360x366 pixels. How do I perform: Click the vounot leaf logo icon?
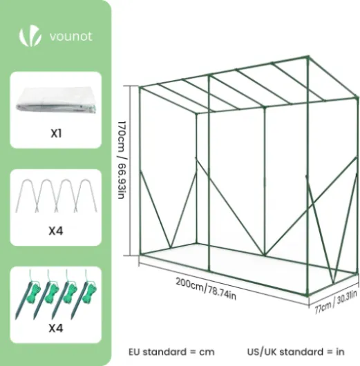(x=30, y=37)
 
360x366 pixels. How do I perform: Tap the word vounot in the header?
(x=71, y=37)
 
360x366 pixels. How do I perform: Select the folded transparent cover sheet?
(x=56, y=101)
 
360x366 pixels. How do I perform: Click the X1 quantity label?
(x=56, y=133)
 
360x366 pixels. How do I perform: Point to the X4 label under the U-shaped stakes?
(x=56, y=231)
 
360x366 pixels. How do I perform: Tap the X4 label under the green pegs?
(x=56, y=328)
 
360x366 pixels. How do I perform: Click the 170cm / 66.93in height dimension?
(x=122, y=160)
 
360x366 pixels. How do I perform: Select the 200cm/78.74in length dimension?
(x=206, y=289)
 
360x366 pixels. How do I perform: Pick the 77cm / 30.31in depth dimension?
(x=336, y=302)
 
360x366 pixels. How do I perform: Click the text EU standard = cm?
(x=171, y=351)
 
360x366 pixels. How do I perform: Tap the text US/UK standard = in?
(x=296, y=351)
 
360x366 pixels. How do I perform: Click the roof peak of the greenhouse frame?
(x=308, y=56)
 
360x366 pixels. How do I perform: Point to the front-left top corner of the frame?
(x=140, y=88)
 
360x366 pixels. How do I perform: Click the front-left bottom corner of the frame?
(x=140, y=254)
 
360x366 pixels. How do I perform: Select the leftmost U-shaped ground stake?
(x=26, y=195)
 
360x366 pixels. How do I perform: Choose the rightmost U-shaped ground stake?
(x=85, y=195)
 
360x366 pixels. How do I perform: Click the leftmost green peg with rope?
(x=28, y=295)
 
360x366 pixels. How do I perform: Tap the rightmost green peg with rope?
(x=84, y=295)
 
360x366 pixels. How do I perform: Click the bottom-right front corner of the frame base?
(x=307, y=295)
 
